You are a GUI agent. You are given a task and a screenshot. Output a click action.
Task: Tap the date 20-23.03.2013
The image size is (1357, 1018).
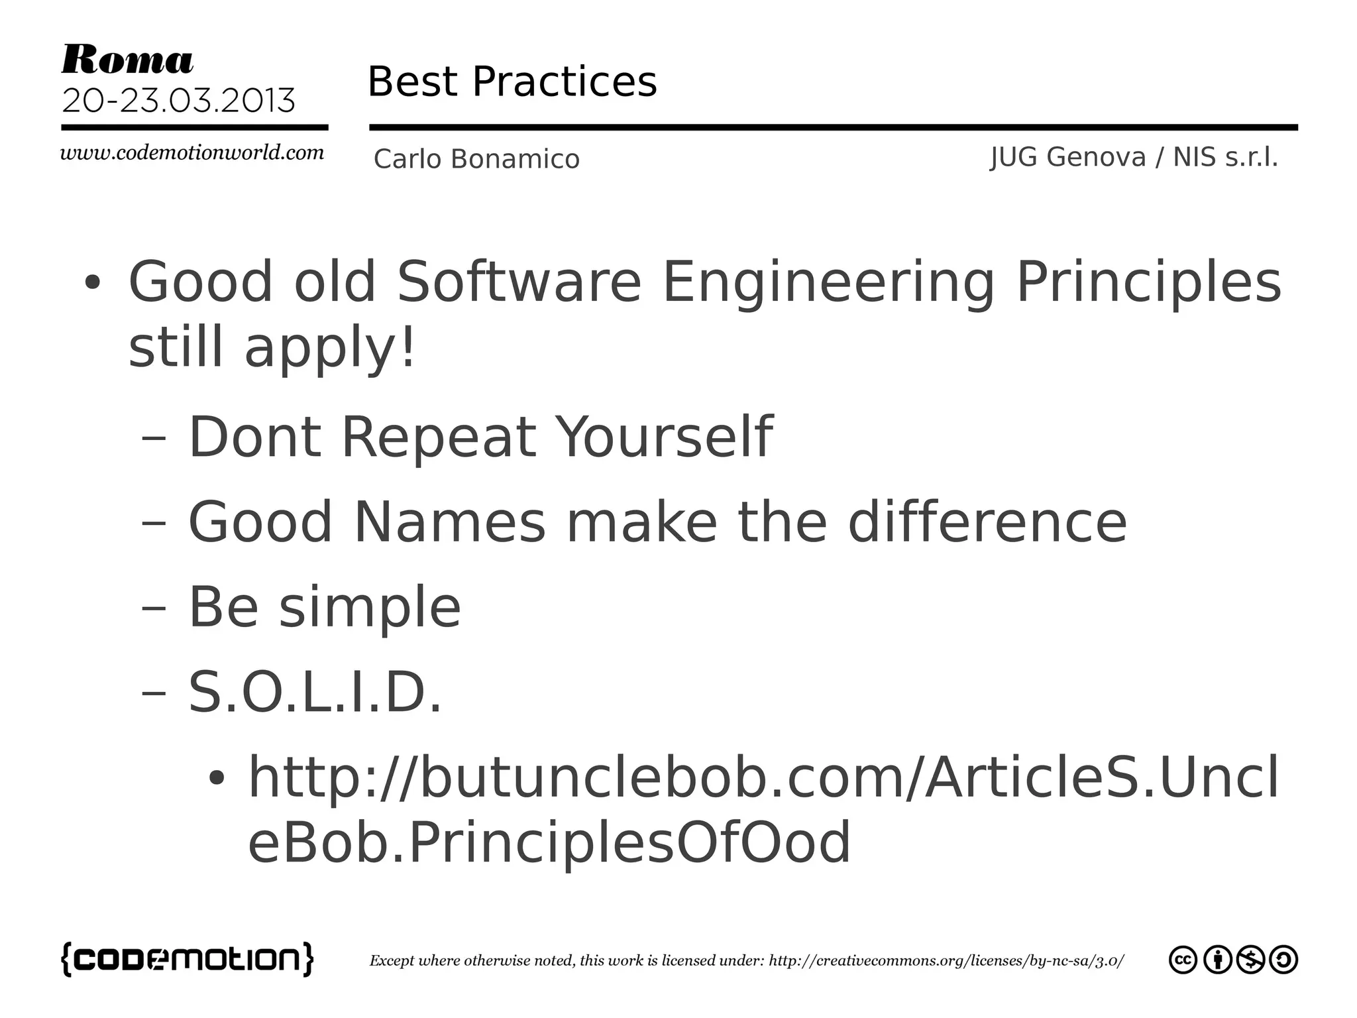[x=178, y=101]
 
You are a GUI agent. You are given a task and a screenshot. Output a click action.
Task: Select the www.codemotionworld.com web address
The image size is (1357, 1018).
[x=192, y=153]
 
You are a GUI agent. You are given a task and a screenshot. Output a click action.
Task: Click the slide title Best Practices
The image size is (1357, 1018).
[x=512, y=82]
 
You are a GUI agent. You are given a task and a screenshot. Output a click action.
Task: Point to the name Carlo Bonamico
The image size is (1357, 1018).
[x=476, y=159]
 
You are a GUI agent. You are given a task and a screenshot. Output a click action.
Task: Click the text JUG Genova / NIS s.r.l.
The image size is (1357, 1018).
[x=1134, y=158]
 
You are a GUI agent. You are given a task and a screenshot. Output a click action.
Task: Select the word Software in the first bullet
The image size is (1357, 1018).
[x=519, y=282]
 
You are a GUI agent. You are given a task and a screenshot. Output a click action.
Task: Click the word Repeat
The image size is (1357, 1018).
[x=438, y=437]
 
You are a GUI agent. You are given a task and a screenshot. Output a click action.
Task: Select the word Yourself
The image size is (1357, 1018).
[x=664, y=437]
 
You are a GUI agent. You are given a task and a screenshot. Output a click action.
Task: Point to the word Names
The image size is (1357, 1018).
[x=449, y=522]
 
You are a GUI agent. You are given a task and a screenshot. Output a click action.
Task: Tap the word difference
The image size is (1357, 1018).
[x=987, y=522]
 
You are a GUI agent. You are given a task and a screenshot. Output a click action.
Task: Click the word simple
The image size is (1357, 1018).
[x=370, y=608]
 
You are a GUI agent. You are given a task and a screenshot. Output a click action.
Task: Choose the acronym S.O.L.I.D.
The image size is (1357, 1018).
[x=315, y=692]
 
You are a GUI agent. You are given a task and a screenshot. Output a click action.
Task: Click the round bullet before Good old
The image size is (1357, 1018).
[x=92, y=283]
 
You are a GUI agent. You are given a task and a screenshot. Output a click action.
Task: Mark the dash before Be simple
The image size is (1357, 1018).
[x=154, y=608]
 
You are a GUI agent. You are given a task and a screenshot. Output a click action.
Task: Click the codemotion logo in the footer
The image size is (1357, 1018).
[x=188, y=959]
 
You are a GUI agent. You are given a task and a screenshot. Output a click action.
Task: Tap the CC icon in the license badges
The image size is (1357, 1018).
[x=1183, y=960]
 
